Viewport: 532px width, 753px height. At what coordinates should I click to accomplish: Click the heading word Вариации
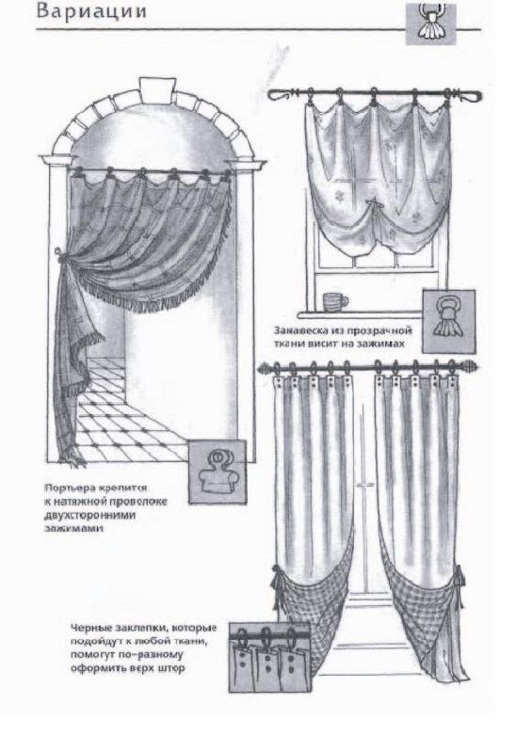[x=91, y=11]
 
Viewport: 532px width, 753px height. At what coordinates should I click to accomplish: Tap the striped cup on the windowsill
[x=335, y=301]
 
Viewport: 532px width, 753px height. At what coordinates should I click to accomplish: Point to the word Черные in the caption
[x=90, y=628]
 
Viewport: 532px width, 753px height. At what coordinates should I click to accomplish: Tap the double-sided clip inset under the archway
[x=218, y=473]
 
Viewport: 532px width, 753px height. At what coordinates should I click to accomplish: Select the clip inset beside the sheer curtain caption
[x=448, y=321]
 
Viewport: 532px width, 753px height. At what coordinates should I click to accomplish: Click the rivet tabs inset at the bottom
[x=268, y=657]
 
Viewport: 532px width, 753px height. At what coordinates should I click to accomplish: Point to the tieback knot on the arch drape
[x=58, y=254]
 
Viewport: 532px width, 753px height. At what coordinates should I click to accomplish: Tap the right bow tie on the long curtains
[x=459, y=580]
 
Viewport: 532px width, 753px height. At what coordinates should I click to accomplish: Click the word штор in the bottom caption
[x=171, y=668]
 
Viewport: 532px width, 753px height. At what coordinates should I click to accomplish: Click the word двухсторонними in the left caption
[x=89, y=515]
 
